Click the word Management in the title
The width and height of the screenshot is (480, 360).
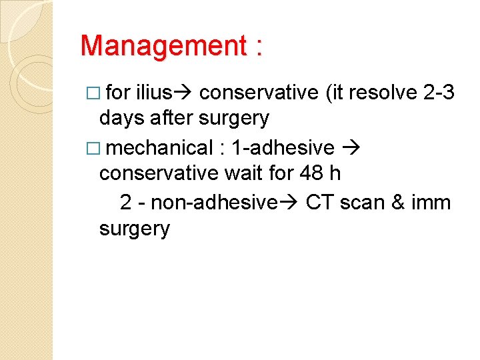[x=163, y=46]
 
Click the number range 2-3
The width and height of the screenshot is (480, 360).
[x=439, y=92]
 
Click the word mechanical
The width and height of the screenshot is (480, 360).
[x=157, y=147]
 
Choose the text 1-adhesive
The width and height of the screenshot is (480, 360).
[x=283, y=147]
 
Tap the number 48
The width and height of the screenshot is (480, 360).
[x=311, y=173]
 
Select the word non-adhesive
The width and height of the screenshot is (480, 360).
[x=213, y=201]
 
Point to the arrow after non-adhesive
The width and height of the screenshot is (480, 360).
[x=287, y=201]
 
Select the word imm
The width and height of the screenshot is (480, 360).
[x=433, y=201]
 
